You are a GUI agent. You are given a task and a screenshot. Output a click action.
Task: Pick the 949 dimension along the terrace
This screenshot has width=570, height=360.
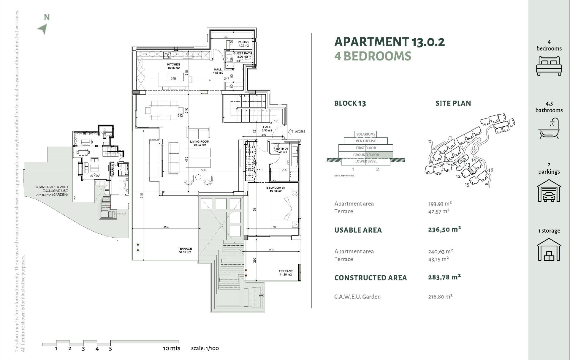tap(142, 195)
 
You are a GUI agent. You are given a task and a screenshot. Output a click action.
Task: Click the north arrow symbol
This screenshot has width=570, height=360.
tap(42, 29)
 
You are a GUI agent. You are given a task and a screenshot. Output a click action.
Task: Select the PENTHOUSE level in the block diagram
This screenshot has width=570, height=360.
tap(366, 141)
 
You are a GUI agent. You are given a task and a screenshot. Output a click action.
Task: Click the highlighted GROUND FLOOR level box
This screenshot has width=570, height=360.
tap(366, 155)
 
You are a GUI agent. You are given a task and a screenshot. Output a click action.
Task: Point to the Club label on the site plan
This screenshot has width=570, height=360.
tap(462, 161)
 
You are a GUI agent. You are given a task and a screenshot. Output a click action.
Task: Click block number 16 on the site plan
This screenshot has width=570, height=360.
tap(490, 170)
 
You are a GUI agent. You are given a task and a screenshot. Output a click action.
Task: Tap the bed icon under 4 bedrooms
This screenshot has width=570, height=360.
tap(549, 67)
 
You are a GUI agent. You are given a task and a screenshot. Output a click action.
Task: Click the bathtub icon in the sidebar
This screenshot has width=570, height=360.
tap(549, 129)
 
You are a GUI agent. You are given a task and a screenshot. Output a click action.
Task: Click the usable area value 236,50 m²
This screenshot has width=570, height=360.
tap(444, 229)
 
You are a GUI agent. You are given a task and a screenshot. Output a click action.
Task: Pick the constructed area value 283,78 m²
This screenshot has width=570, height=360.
tap(444, 277)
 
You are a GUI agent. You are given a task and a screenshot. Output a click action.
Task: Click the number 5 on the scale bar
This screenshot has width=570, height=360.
tap(110, 349)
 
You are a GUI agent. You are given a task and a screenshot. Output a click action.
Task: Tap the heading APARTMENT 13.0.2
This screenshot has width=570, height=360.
tap(389, 42)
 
